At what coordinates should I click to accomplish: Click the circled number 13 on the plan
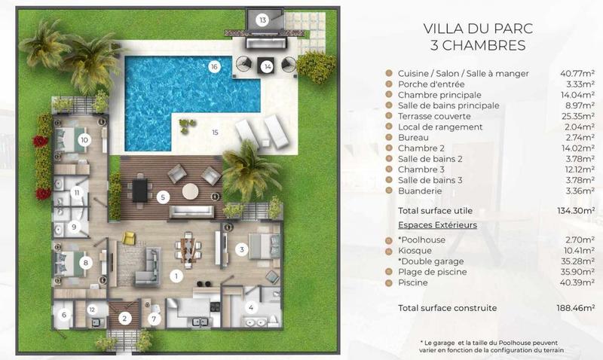click(262, 20)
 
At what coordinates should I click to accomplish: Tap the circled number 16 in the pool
click(214, 67)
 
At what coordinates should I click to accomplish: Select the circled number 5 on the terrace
click(163, 197)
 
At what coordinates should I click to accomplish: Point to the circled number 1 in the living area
click(176, 276)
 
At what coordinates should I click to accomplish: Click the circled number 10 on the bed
click(84, 140)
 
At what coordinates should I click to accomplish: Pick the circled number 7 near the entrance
click(155, 319)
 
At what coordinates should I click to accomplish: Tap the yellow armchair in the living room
click(129, 238)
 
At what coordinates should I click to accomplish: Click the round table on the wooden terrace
click(191, 191)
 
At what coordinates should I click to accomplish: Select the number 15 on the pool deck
click(215, 132)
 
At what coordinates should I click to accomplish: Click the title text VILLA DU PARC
click(478, 29)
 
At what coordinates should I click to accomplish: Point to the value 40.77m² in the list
click(577, 73)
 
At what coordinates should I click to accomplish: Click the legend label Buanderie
click(420, 191)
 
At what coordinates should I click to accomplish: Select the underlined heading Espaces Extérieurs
click(438, 224)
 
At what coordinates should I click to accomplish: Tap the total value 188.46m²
click(575, 308)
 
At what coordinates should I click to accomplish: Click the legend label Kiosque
click(415, 251)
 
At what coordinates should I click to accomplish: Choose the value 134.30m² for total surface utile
click(576, 211)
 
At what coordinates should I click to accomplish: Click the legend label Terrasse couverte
click(434, 116)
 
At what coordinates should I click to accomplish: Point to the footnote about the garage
click(491, 346)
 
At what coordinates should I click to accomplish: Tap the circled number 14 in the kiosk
click(268, 67)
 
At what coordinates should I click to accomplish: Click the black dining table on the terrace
click(139, 191)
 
